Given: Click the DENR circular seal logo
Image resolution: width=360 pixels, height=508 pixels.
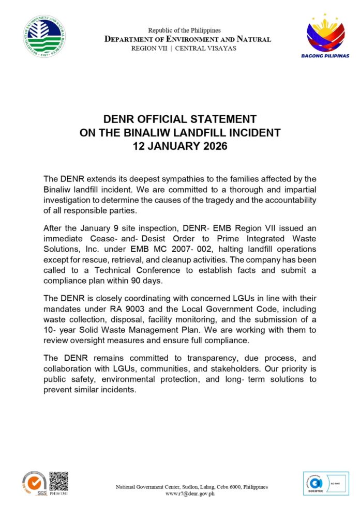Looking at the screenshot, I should (44, 36).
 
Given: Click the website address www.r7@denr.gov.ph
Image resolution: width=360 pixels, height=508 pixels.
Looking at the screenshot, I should (190, 494).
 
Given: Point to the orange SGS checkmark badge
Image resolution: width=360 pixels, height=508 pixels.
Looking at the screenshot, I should (33, 483).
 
